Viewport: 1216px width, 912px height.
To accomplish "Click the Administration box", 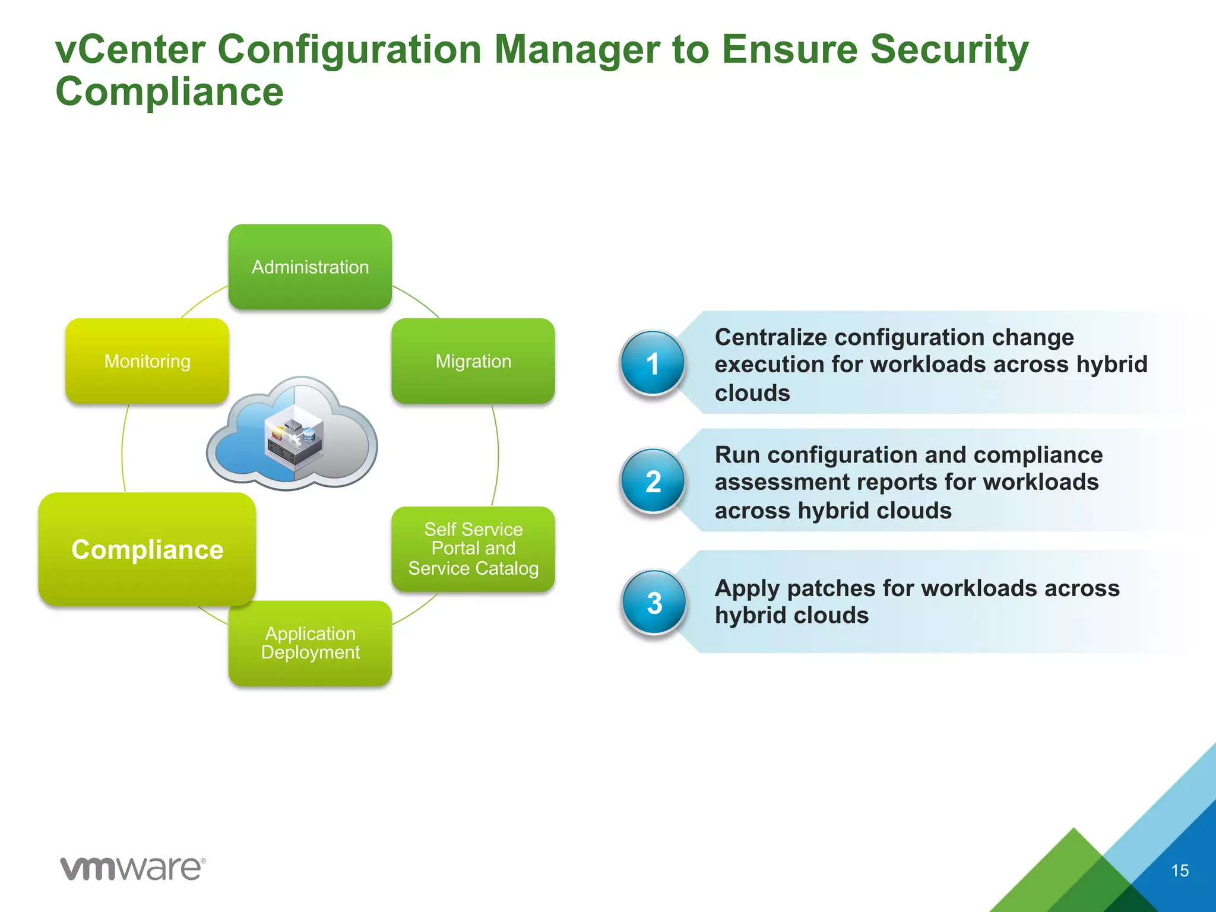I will pyautogui.click(x=310, y=267).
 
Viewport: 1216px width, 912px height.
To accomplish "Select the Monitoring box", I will pyautogui.click(x=147, y=361).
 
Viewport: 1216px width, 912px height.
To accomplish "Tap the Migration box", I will pyautogui.click(x=473, y=361).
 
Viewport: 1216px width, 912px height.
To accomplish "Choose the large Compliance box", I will pyautogui.click(x=147, y=549).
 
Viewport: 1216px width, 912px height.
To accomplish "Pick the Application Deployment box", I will pyautogui.click(x=310, y=643).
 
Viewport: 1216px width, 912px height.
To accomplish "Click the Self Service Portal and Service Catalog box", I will pyautogui.click(x=473, y=549).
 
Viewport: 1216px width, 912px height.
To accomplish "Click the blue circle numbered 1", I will pyautogui.click(x=653, y=363).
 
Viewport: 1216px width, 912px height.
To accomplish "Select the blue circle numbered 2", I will pyautogui.click(x=653, y=480).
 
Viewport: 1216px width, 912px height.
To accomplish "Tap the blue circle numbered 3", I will pyautogui.click(x=654, y=602).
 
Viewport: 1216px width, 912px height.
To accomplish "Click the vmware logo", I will pyautogui.click(x=132, y=869).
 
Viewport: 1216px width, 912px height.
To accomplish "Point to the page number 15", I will pyautogui.click(x=1180, y=870).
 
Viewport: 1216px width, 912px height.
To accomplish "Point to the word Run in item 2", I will pyautogui.click(x=737, y=455).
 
